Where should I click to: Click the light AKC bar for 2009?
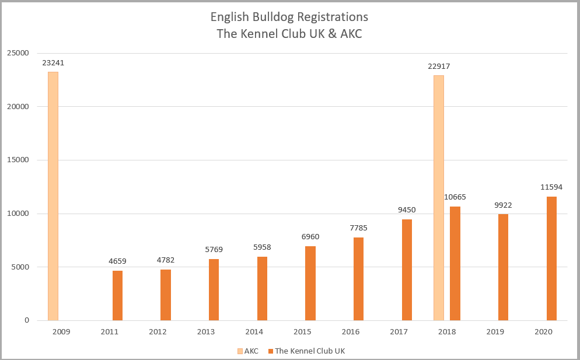click(53, 196)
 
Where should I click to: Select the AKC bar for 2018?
click(439, 198)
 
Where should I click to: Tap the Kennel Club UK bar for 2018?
click(455, 263)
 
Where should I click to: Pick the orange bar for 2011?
click(117, 295)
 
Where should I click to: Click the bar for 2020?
click(551, 258)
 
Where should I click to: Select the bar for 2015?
click(310, 283)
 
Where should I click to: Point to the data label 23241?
click(53, 63)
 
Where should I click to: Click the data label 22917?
click(438, 67)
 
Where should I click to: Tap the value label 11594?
click(551, 187)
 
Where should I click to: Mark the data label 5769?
click(214, 250)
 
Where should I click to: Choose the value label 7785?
click(359, 228)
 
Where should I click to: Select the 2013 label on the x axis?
click(206, 331)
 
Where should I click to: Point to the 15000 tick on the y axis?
click(18, 160)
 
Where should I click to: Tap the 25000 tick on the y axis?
click(18, 53)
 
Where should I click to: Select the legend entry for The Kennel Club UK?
click(309, 351)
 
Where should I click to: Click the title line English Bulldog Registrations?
click(289, 16)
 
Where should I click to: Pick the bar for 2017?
click(407, 270)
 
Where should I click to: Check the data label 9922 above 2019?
click(503, 205)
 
